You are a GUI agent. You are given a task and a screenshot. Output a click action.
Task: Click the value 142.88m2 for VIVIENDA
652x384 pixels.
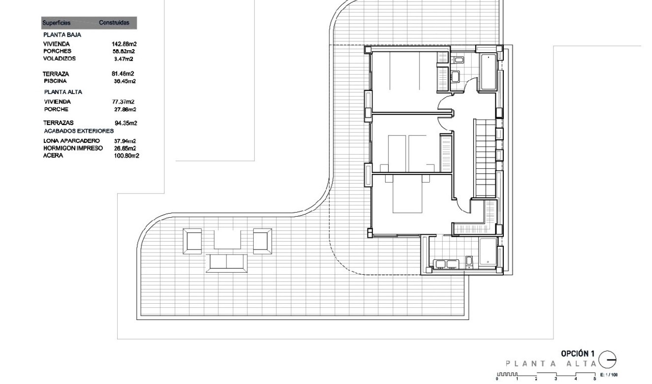124,44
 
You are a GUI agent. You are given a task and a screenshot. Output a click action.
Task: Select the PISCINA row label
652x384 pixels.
55,81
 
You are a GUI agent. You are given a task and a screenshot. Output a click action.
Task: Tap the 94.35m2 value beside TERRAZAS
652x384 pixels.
126,123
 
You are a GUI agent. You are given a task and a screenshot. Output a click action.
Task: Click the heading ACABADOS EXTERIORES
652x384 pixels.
79,131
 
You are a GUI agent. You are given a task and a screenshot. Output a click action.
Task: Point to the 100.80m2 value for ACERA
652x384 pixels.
127,156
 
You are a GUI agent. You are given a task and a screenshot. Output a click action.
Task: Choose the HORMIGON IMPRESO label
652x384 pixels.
73,148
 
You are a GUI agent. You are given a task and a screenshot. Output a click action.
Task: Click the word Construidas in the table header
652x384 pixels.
114,23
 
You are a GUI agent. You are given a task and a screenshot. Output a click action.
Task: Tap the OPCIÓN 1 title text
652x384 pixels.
578,353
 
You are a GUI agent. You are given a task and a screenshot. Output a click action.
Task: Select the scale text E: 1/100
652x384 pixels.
609,375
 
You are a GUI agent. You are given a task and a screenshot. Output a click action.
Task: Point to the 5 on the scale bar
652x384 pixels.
595,379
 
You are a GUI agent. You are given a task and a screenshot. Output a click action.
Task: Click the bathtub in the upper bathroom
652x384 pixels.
488,72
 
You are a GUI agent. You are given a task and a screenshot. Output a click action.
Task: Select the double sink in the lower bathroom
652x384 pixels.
446,264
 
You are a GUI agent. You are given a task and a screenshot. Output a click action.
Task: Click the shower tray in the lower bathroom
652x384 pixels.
488,252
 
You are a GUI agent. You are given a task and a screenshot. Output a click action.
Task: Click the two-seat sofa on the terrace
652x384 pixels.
227,263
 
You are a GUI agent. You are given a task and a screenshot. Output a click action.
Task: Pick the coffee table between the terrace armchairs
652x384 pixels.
228,240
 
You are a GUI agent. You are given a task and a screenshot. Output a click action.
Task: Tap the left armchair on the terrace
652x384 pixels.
192,241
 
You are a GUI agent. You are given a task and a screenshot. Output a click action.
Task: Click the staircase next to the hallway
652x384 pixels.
486,158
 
